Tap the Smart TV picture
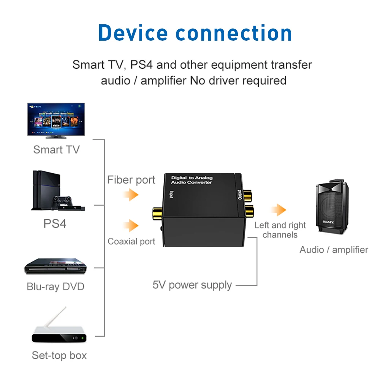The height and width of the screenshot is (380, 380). (x=56, y=119)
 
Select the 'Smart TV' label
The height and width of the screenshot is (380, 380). (x=56, y=149)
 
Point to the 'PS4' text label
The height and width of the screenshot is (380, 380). (x=55, y=223)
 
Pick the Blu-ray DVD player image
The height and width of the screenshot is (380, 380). (x=55, y=266)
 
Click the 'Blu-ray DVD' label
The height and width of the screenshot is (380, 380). (x=55, y=286)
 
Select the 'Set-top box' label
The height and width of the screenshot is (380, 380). (x=59, y=355)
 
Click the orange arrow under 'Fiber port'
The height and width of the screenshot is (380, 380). (x=131, y=195)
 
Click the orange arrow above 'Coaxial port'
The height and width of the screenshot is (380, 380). (x=131, y=225)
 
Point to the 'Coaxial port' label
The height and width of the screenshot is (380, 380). (x=131, y=241)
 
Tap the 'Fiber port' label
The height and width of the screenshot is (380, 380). (x=131, y=180)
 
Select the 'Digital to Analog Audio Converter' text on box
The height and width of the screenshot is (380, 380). (x=192, y=180)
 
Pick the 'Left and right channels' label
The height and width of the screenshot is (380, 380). (x=280, y=230)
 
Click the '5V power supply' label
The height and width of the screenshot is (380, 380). (x=192, y=285)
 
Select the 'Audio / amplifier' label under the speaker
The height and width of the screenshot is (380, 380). (x=334, y=250)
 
